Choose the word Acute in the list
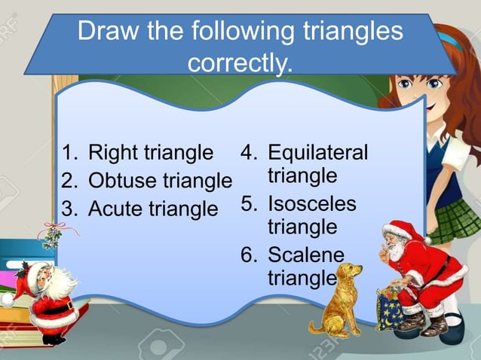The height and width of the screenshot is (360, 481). [115, 209]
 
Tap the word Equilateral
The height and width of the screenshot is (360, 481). [317, 153]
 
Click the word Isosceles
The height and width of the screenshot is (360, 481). [312, 204]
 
